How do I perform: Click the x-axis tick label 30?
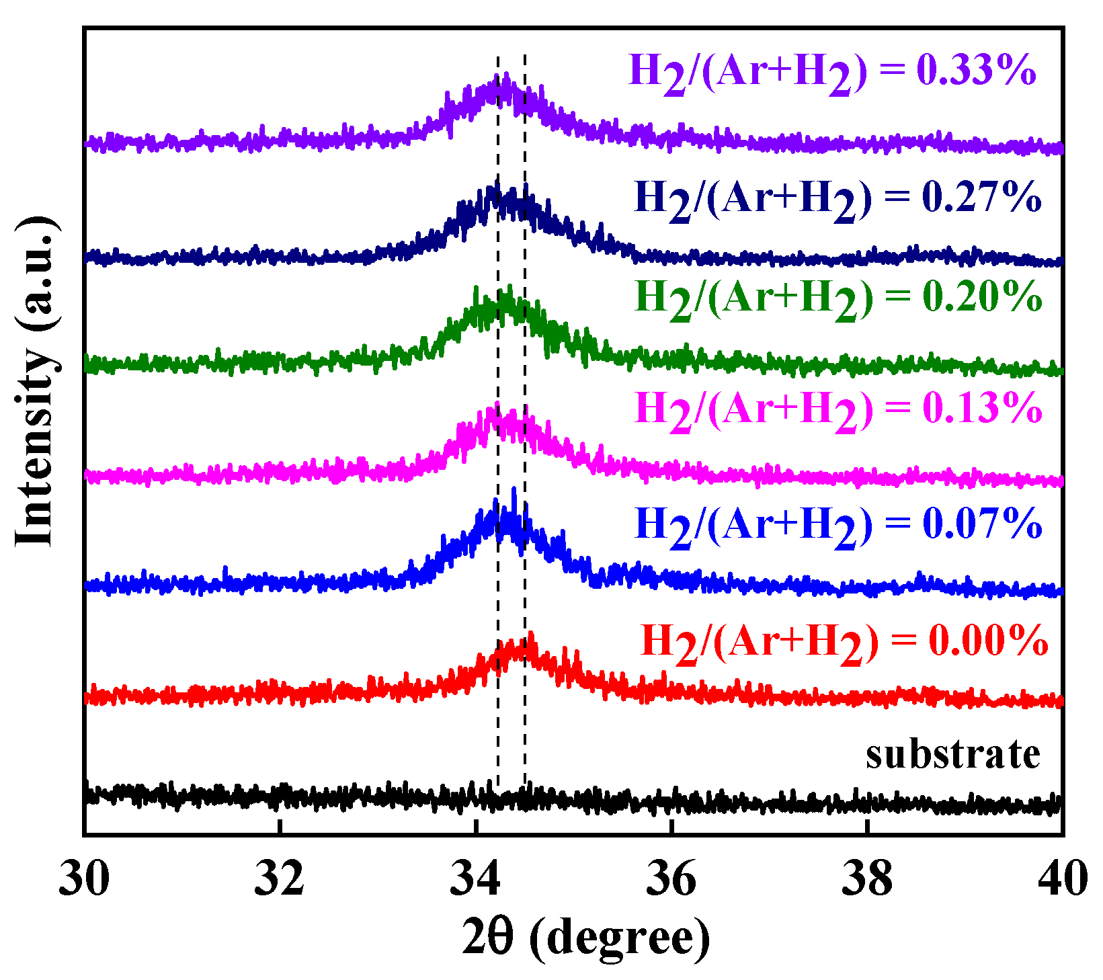click(84, 879)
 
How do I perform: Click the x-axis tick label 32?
click(279, 879)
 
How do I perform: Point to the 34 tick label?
click(475, 879)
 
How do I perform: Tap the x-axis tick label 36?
click(671, 879)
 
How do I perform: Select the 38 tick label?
click(867, 879)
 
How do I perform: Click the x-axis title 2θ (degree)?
click(585, 939)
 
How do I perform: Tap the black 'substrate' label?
click(952, 754)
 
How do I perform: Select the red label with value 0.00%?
click(844, 641)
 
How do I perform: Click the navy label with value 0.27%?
click(838, 198)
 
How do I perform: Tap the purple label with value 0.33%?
click(833, 71)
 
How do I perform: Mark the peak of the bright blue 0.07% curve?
click(514, 490)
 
